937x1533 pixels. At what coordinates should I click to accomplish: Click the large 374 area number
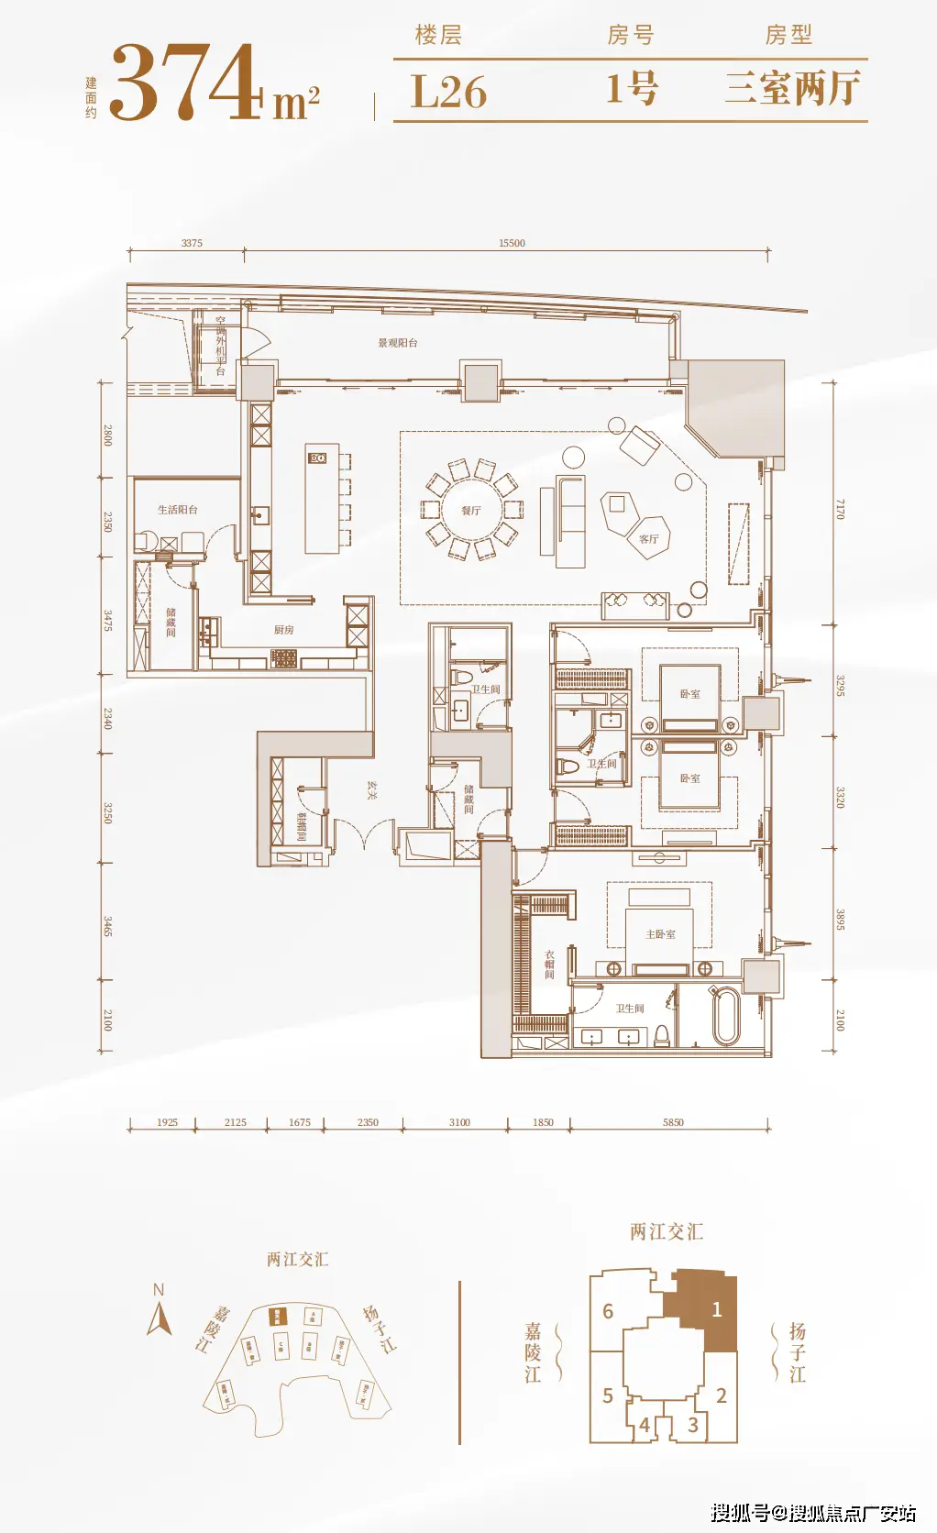pyautogui.click(x=186, y=83)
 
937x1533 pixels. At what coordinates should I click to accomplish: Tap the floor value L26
pyautogui.click(x=448, y=92)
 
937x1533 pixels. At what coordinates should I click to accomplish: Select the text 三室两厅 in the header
pyautogui.click(x=792, y=89)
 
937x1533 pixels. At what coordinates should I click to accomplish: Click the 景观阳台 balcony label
pyautogui.click(x=398, y=343)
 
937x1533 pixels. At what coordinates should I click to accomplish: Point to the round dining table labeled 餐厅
pyautogui.click(x=470, y=510)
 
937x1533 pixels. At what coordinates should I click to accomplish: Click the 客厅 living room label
pyautogui.click(x=648, y=539)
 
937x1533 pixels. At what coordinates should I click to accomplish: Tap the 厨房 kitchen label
pyautogui.click(x=283, y=630)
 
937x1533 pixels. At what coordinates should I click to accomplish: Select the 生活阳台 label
pyautogui.click(x=177, y=510)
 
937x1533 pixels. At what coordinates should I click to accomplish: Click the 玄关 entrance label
pyautogui.click(x=371, y=790)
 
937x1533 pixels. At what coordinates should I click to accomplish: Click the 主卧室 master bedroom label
pyautogui.click(x=660, y=934)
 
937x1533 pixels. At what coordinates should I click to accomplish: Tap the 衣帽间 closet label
pyautogui.click(x=549, y=965)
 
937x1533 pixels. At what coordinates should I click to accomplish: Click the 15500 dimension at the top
pyautogui.click(x=512, y=243)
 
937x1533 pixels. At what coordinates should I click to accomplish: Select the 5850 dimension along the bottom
pyautogui.click(x=673, y=1122)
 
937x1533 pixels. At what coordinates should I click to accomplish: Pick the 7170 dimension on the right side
pyautogui.click(x=840, y=510)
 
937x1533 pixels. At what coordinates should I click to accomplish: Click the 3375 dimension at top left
pyautogui.click(x=192, y=243)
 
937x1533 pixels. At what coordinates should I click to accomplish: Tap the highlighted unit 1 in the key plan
pyautogui.click(x=717, y=1309)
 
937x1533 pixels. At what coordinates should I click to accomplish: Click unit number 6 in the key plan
pyautogui.click(x=607, y=1311)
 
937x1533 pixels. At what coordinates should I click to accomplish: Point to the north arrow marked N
pyautogui.click(x=160, y=1311)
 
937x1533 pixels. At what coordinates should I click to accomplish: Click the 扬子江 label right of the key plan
pyautogui.click(x=797, y=1352)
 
